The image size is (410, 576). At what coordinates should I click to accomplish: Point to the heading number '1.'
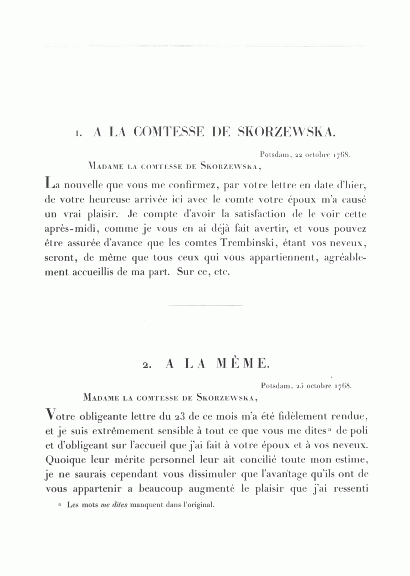pyautogui.click(x=79, y=134)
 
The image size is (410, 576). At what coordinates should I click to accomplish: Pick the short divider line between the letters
pyautogui.click(x=205, y=305)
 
